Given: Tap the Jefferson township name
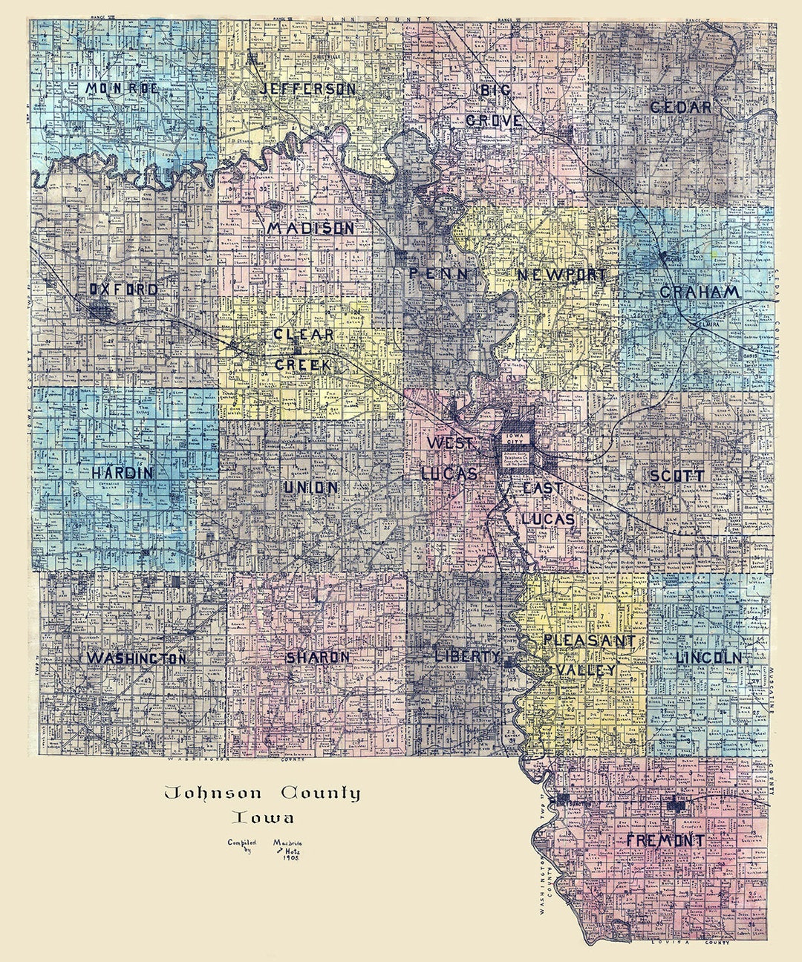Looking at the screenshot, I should pos(307,89).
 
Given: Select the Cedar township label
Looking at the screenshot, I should pos(680,107).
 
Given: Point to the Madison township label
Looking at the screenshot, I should pos(310,229).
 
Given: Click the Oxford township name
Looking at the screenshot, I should pos(123,289).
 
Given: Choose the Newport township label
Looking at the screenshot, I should pos(561,275).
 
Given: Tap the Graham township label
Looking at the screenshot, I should pos(700,292).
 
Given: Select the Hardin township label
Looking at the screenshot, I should pos(123,472).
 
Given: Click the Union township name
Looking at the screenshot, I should pos(311,488).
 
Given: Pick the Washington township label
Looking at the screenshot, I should pos(137,658).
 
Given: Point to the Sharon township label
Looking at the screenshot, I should pos(317,658).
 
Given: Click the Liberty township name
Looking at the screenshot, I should pos(466,656).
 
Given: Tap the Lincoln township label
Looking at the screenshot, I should pos(708,658).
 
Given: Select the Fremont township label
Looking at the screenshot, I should pos(665,841).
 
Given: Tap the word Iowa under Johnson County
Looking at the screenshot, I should pos(262,818).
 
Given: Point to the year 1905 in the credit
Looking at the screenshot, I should pos(281,857).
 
